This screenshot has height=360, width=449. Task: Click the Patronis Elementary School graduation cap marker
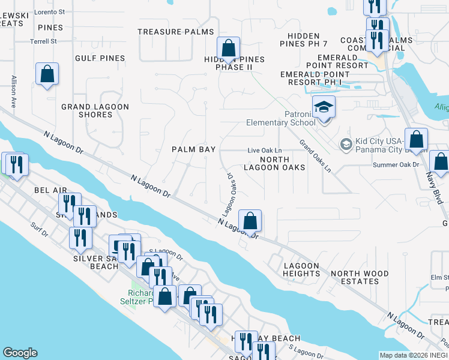click(x=324, y=107)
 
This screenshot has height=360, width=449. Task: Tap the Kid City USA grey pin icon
click(x=346, y=144)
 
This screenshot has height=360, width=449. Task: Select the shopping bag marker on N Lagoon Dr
click(x=250, y=221)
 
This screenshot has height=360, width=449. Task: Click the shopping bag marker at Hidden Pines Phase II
click(x=228, y=48)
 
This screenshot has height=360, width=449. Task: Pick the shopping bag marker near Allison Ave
click(x=47, y=74)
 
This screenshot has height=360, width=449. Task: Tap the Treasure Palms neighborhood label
click(x=175, y=32)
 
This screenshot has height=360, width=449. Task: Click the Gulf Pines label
click(x=100, y=58)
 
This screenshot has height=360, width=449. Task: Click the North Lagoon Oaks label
click(x=275, y=164)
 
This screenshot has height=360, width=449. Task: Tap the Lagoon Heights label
click(x=301, y=269)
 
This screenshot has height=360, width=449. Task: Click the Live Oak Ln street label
click(x=265, y=151)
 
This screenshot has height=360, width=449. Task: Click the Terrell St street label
click(x=44, y=41)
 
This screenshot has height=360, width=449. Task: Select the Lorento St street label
click(x=50, y=11)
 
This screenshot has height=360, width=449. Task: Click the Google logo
click(x=20, y=353)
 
